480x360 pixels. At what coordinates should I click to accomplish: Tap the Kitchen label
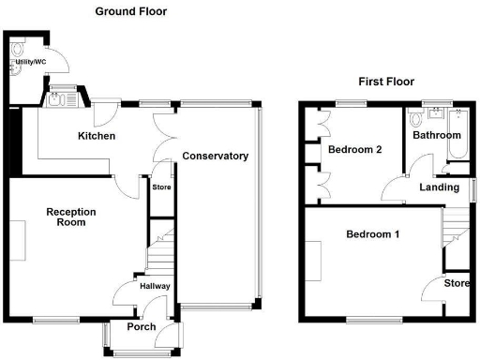click(97, 137)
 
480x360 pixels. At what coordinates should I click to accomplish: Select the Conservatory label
click(215, 156)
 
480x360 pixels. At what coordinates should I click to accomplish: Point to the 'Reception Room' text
click(71, 218)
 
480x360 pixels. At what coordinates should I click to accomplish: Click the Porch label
click(142, 327)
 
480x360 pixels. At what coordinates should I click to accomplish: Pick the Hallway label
click(153, 286)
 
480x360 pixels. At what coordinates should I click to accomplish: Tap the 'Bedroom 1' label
click(372, 234)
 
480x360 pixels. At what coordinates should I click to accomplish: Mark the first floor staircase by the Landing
click(457, 223)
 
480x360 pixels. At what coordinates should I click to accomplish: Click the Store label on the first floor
click(457, 283)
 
